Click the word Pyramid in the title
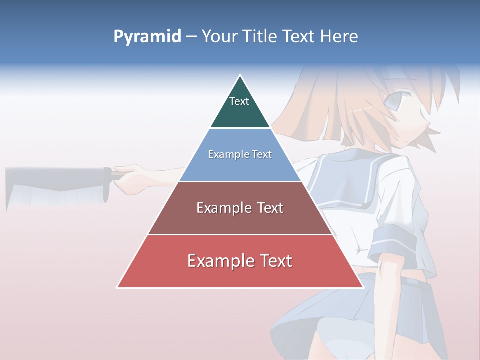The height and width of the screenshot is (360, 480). tap(147, 37)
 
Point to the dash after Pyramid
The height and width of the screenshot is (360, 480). tap(191, 37)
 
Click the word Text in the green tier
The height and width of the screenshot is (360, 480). tap(239, 101)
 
